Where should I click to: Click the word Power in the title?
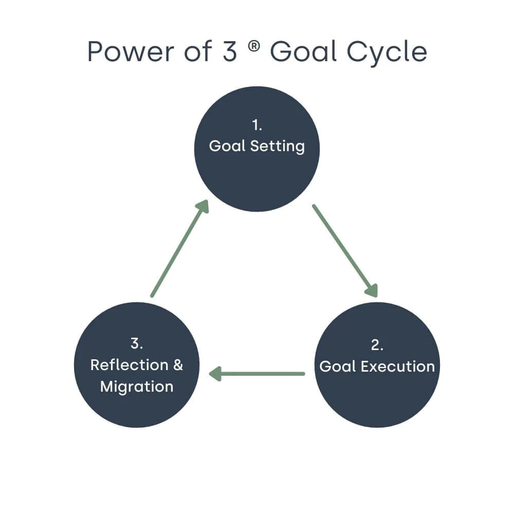[x=131, y=52]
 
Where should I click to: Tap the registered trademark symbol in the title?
[x=254, y=46]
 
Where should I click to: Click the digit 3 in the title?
[x=229, y=51]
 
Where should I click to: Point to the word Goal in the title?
[x=303, y=51]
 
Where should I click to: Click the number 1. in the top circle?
[x=257, y=125]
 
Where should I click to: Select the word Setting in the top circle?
[x=278, y=146]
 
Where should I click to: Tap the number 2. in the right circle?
[x=377, y=345]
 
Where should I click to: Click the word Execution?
[x=398, y=366]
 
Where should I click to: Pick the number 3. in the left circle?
[x=137, y=343]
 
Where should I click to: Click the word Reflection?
[x=129, y=365]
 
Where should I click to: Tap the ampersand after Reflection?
[x=178, y=365]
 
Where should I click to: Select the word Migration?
[x=137, y=387]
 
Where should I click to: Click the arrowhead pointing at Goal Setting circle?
[x=204, y=206]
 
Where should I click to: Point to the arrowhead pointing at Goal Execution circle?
[x=372, y=290]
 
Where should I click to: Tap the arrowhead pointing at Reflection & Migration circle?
[x=215, y=374]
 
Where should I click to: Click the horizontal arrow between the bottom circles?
[x=257, y=374]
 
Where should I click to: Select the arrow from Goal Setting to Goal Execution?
[x=345, y=251]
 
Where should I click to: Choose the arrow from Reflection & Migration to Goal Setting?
[x=179, y=248]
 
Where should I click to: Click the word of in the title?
[x=198, y=51]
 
